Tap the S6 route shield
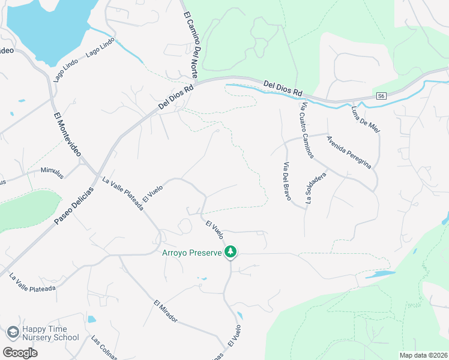pyautogui.click(x=381, y=95)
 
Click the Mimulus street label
pyautogui.click(x=52, y=173)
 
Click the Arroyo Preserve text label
pyautogui.click(x=191, y=253)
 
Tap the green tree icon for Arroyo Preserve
pyautogui.click(x=230, y=252)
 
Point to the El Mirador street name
pyautogui.click(x=165, y=311)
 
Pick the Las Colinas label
pyautogui.click(x=103, y=347)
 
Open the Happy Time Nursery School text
pyautogui.click(x=50, y=333)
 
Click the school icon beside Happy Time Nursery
pyautogui.click(x=12, y=332)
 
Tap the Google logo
pyautogui.click(x=20, y=352)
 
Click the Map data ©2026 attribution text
pyautogui.click(x=423, y=355)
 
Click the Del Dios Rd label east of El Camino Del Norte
pyautogui.click(x=283, y=88)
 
